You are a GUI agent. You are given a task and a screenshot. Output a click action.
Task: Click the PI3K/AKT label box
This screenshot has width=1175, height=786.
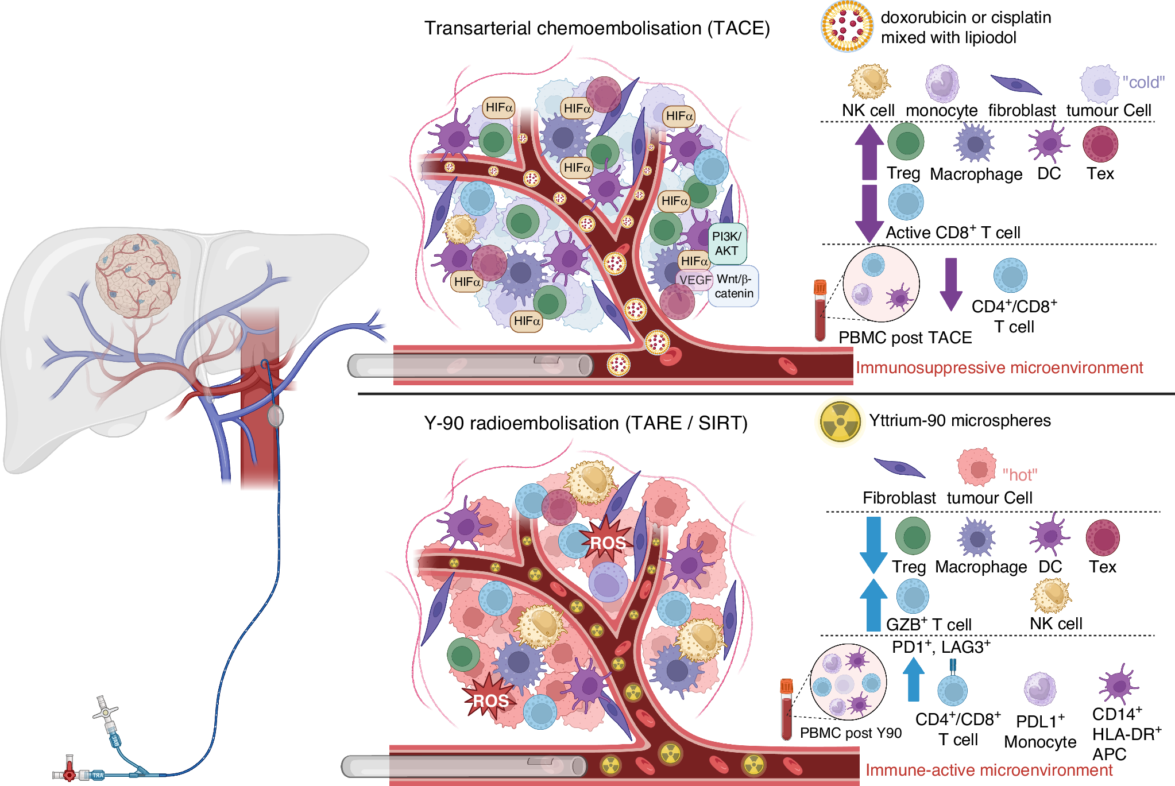(x=727, y=243)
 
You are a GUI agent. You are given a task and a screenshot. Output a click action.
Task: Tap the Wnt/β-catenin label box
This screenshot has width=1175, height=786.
(x=734, y=286)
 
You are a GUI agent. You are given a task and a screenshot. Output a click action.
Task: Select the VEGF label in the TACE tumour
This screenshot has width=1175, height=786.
(x=695, y=280)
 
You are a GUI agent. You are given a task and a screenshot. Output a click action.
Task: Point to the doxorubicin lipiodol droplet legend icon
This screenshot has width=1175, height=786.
(x=847, y=26)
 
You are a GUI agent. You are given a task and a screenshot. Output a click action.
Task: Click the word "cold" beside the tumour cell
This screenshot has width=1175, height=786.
(x=1143, y=82)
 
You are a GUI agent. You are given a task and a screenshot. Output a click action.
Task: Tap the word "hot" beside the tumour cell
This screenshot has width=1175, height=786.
(x=1019, y=475)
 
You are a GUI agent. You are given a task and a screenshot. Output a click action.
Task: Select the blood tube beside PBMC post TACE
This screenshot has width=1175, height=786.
(x=820, y=309)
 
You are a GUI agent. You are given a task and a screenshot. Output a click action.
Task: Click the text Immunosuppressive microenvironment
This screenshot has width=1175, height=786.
(x=999, y=367)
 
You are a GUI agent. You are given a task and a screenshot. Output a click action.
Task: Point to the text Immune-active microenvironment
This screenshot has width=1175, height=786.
(x=989, y=770)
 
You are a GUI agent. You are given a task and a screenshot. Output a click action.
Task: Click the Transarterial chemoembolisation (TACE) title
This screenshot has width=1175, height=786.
(x=597, y=28)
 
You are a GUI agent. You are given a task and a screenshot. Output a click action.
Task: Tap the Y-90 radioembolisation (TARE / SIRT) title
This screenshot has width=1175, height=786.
(x=586, y=423)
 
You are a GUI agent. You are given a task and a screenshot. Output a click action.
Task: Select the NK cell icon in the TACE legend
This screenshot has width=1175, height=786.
(x=868, y=82)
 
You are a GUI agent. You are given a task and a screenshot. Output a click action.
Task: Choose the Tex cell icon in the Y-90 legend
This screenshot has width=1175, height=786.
(x=1103, y=538)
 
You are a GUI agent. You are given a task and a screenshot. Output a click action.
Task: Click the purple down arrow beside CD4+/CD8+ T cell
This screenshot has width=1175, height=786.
(x=951, y=284)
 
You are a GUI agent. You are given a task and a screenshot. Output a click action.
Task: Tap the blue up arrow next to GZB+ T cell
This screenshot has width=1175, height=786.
(x=873, y=605)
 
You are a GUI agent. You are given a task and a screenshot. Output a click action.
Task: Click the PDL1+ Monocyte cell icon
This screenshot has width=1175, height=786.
(x=1039, y=688)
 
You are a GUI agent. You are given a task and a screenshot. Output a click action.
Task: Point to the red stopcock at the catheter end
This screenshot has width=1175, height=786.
(x=69, y=773)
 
